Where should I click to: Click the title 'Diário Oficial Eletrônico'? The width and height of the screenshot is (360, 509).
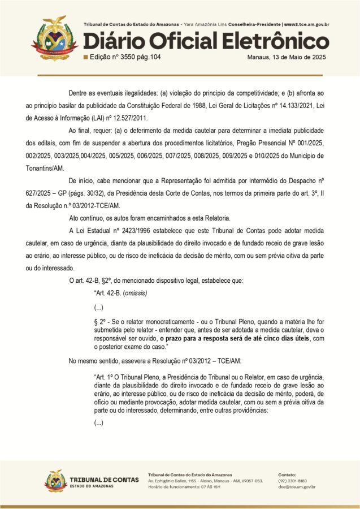tap(206, 41)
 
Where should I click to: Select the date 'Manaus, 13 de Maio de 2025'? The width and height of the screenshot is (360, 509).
tap(288, 57)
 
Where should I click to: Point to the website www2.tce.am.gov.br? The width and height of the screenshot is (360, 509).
tap(307, 25)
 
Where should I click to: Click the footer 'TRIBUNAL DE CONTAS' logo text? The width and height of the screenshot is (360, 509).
tap(104, 480)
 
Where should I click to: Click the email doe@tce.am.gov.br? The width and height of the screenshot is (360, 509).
tap(297, 487)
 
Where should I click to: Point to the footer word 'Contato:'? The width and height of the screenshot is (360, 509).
tap(288, 474)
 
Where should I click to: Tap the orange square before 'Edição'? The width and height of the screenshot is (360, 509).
tap(85, 57)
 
